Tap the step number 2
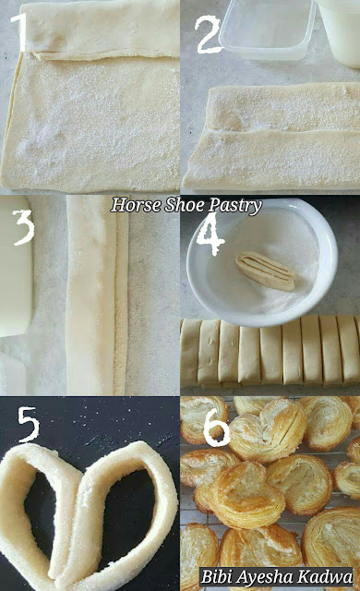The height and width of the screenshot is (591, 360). [x=208, y=35]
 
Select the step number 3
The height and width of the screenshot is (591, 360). [x=24, y=227]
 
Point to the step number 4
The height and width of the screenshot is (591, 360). [x=210, y=234]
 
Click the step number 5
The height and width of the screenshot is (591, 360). [x=29, y=425]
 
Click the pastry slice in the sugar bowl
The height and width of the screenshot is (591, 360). [x=266, y=271]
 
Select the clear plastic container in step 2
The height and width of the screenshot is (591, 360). [x=268, y=30]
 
